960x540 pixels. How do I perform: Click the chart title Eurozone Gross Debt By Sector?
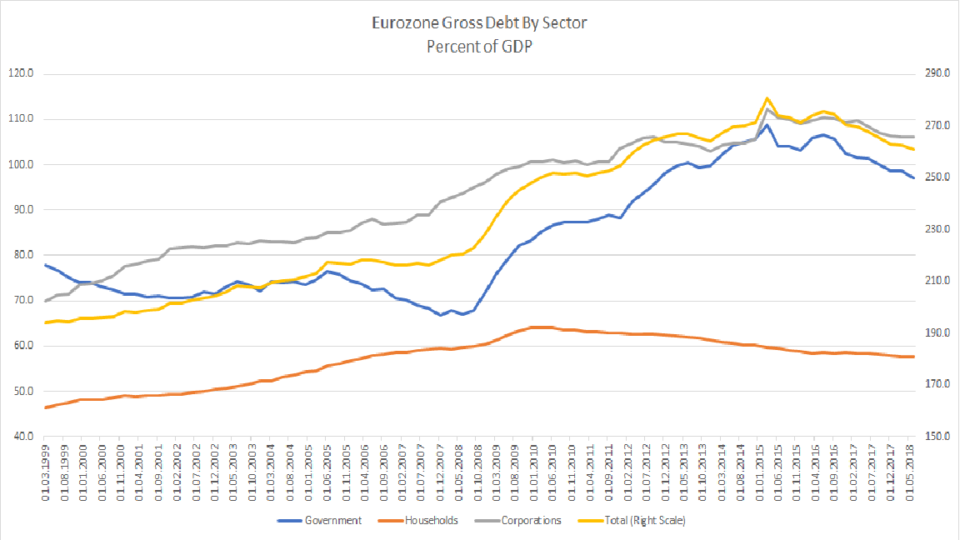479,22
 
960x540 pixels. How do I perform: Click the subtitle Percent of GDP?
479,47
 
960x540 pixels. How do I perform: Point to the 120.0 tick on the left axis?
18,73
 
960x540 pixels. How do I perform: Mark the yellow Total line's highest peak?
767,98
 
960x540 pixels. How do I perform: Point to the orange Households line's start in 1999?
45,407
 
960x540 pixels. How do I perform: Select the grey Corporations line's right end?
914,137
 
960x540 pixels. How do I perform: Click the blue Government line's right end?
914,178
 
